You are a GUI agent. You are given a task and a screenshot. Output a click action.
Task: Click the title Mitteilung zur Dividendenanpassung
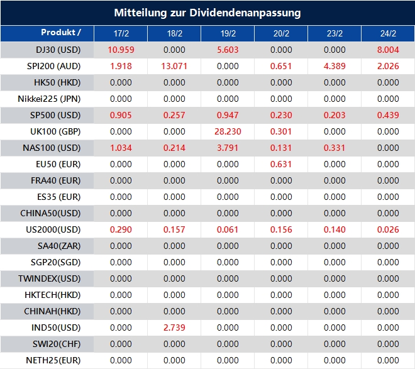coord(207,13)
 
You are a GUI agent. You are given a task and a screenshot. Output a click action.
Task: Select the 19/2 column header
coord(228,33)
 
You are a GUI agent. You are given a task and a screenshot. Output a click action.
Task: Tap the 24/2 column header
coord(388,33)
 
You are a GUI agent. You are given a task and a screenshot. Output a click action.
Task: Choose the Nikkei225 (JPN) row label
coord(49,99)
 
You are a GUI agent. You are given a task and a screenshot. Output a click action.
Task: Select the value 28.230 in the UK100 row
coord(228,131)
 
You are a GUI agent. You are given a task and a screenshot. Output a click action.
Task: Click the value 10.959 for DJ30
coord(121,50)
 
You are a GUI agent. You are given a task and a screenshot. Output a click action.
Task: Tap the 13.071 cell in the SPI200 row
coord(174,66)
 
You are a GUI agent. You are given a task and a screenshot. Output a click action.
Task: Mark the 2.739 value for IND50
coord(174,328)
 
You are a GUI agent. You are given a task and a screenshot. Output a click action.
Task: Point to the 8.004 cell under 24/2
coord(388,50)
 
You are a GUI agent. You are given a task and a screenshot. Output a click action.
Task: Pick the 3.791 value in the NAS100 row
coord(228,148)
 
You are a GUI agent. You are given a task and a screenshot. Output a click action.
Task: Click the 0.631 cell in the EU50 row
coord(281,164)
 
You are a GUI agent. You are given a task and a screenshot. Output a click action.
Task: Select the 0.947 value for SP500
coord(228,115)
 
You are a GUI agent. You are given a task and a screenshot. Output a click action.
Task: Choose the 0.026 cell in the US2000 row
coord(388,229)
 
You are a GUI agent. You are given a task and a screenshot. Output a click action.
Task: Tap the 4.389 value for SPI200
coord(335,66)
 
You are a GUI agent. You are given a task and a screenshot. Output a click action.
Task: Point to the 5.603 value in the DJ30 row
coord(228,50)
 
